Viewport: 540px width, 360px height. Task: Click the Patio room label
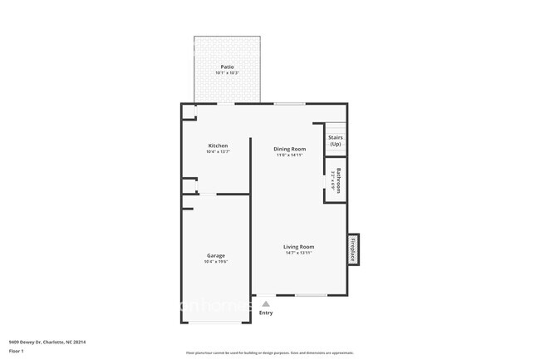(227, 67)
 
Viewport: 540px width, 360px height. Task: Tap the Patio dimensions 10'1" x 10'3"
(227, 73)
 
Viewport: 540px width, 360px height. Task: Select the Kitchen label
(217, 145)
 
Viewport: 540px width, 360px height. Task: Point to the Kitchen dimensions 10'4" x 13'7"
(217, 152)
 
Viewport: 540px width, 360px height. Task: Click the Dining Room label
(284, 149)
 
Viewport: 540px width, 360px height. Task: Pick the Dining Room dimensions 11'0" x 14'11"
(284, 155)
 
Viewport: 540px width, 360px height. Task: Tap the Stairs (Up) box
(335, 141)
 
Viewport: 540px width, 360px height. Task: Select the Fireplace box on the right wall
(352, 249)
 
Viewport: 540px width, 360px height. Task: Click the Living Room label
(298, 247)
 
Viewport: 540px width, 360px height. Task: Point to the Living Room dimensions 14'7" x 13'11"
(298, 254)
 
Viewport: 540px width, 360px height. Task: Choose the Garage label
(216, 255)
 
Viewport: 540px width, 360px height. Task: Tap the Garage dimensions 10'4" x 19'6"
(216, 262)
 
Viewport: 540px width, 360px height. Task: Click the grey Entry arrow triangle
(266, 303)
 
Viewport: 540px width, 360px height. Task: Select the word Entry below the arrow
(266, 313)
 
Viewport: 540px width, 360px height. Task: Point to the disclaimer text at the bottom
(269, 353)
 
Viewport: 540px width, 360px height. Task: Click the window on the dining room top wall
(288, 103)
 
